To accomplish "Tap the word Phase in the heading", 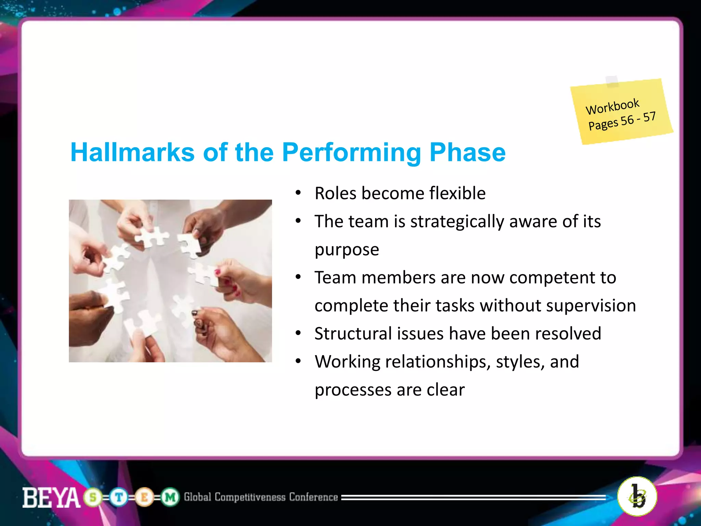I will [467, 152].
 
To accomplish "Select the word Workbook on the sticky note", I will [612, 107].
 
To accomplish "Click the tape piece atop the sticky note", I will [612, 81].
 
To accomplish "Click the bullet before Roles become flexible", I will [298, 193].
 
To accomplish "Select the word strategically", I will [457, 222].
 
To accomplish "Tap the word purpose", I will [347, 250].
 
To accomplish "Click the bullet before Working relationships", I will [298, 361].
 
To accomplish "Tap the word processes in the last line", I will [353, 390].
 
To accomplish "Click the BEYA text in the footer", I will [51, 498].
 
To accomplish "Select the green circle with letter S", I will [93, 497].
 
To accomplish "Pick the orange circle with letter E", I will [144, 497].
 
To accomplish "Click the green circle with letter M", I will [170, 497].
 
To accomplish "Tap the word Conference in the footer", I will [313, 497].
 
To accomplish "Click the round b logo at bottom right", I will [637, 496].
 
